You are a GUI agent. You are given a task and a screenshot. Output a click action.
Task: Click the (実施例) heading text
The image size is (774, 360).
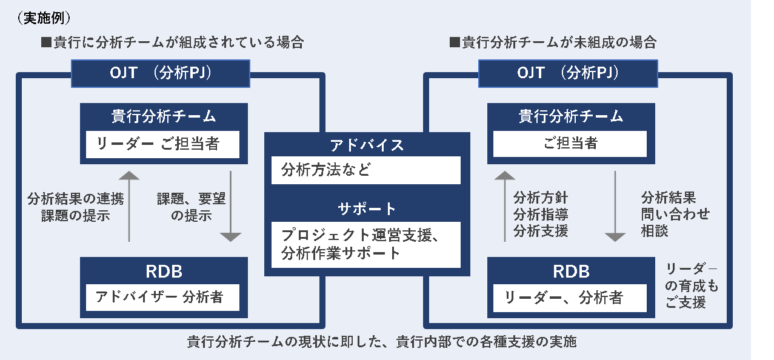[x=44, y=18]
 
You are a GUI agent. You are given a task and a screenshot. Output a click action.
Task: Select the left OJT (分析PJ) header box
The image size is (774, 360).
[x=161, y=73]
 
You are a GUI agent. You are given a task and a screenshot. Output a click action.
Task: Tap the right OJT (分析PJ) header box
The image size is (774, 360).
[x=568, y=73]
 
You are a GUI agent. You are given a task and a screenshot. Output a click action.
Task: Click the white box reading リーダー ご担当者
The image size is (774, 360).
[x=162, y=144]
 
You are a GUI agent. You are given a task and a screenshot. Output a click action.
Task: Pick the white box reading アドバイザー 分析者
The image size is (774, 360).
[x=162, y=297]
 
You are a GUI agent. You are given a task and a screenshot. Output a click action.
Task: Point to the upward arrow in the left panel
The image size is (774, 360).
[x=129, y=206]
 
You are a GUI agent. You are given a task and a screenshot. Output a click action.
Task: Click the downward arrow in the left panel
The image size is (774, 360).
[x=230, y=206]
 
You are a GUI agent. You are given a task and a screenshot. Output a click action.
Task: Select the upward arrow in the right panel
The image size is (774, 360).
[x=505, y=206]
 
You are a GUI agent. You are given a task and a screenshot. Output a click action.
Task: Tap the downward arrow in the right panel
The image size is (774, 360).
[x=615, y=206]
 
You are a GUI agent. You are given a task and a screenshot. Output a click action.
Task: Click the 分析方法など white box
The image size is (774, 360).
[x=366, y=170]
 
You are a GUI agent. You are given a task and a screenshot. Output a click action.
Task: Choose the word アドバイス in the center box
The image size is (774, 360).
[x=367, y=145]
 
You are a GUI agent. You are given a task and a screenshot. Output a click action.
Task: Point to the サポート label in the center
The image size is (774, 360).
[x=367, y=209]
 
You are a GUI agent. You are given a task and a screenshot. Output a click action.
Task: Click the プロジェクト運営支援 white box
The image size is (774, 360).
[x=366, y=245]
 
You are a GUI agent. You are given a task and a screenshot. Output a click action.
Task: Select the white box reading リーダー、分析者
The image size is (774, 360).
[x=570, y=298]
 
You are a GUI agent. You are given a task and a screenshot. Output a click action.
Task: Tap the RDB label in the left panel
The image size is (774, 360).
[x=164, y=272]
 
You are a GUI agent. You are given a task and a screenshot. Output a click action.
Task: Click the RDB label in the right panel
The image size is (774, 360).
[x=571, y=272]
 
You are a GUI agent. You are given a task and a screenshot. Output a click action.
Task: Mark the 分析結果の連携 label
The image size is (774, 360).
[x=76, y=199]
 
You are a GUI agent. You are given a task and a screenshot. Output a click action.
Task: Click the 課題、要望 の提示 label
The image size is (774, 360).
[x=192, y=207]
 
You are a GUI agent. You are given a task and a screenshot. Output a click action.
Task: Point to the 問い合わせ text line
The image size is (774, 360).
[x=675, y=214]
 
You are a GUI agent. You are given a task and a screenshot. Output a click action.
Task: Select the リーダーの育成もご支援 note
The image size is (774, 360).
[x=692, y=285]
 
